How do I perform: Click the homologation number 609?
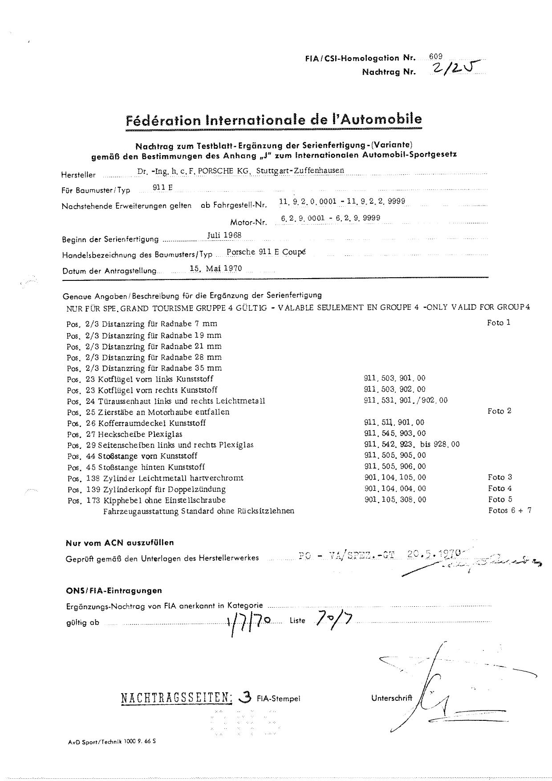click(436, 57)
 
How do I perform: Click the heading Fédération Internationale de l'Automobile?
click(274, 119)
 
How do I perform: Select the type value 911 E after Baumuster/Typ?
click(162, 188)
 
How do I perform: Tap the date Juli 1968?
click(224, 235)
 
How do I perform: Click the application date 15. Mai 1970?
click(215, 268)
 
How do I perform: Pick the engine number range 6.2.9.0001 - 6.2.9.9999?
click(330, 218)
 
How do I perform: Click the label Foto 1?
click(499, 322)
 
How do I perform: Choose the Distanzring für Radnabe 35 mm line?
click(144, 368)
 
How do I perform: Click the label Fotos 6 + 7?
click(510, 510)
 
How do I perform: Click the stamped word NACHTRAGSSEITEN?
click(176, 698)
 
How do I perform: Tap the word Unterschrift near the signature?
click(391, 698)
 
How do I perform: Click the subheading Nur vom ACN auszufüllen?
click(120, 543)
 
